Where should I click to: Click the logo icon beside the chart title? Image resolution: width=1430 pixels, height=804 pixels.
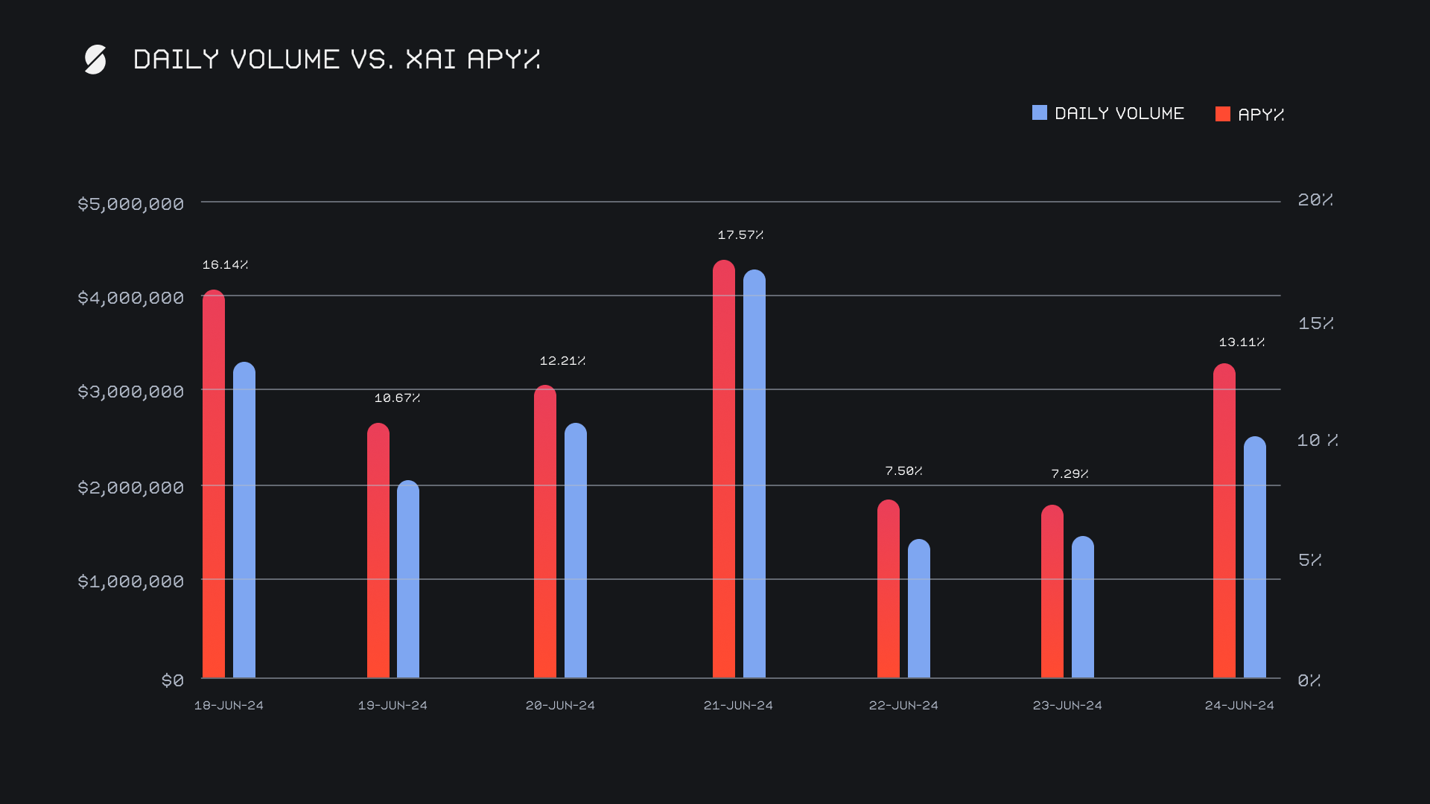tap(95, 60)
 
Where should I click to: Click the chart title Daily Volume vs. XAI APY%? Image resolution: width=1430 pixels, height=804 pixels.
tap(336, 59)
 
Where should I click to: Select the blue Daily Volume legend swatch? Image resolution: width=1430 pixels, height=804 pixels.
tap(1039, 112)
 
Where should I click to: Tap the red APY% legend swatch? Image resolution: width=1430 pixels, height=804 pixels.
tap(1222, 114)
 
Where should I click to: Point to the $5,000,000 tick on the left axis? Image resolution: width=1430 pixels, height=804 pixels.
tap(130, 203)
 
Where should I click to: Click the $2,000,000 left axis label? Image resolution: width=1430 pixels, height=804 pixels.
tap(130, 488)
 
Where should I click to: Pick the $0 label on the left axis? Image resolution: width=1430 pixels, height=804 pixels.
tap(172, 680)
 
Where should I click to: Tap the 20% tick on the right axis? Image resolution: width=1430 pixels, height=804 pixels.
tap(1315, 200)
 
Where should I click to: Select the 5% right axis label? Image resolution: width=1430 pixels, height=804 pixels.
tap(1309, 560)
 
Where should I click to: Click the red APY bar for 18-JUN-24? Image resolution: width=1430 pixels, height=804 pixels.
tap(214, 484)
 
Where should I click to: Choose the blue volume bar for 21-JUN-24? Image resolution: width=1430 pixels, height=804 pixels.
tap(754, 476)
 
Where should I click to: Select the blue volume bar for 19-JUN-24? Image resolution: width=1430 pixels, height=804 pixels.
tap(408, 581)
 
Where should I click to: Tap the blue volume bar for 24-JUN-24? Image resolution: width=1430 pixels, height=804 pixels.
tap(1254, 558)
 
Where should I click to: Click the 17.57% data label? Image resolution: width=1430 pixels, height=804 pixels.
tap(740, 235)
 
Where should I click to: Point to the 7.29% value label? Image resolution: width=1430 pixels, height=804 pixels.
tap(1070, 474)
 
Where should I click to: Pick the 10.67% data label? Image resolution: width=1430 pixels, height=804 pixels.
tap(397, 398)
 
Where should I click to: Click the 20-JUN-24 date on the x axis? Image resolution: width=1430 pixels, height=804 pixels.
tap(560, 705)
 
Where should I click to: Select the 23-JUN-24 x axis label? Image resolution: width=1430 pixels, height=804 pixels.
tap(1067, 705)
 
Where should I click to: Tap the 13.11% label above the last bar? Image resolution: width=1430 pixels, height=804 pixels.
tap(1242, 342)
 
